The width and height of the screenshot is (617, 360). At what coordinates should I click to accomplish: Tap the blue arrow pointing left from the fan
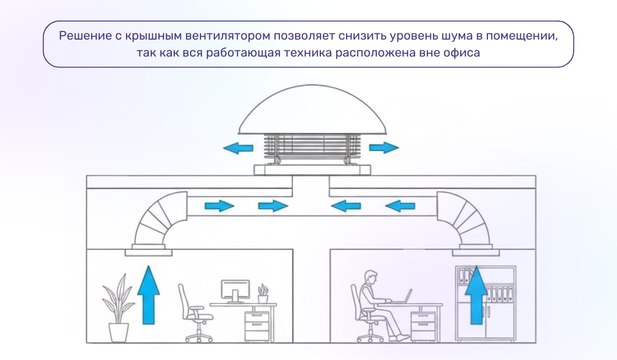click(238, 148)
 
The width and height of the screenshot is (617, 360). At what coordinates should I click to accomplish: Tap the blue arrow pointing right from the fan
click(384, 148)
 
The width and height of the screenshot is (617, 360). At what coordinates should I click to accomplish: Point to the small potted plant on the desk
click(263, 294)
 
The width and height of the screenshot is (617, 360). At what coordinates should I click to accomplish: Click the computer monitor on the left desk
click(235, 290)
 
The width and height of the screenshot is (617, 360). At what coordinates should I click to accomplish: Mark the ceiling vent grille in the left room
click(149, 252)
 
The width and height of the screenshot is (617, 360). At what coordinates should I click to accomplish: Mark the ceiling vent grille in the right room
click(476, 252)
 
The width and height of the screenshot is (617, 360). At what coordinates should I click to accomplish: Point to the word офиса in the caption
click(463, 53)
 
